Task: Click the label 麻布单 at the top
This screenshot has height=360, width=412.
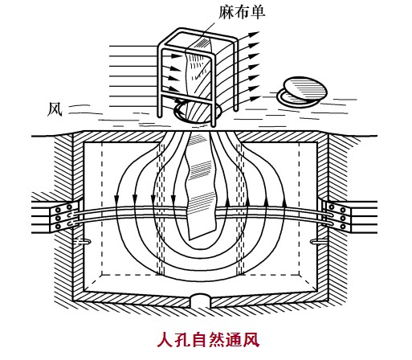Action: (242, 12)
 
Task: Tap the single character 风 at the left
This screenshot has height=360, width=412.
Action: (55, 108)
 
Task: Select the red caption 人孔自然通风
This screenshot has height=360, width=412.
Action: (208, 340)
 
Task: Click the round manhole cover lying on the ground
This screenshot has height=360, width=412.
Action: (302, 92)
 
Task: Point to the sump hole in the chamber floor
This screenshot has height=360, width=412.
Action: (201, 301)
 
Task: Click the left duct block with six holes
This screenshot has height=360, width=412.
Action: (64, 216)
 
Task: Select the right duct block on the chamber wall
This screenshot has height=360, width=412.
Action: (338, 216)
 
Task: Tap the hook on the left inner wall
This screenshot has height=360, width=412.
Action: (84, 242)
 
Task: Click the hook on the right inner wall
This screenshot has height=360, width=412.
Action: (318, 242)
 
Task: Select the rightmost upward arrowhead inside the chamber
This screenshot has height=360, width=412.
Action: (284, 202)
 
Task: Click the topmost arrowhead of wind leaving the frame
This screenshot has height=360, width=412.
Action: (255, 34)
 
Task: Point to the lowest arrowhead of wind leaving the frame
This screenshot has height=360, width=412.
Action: (255, 98)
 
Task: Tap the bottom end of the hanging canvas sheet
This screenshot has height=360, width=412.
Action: (202, 235)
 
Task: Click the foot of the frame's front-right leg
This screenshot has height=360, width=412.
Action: (213, 125)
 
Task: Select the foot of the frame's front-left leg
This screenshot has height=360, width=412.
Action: (160, 115)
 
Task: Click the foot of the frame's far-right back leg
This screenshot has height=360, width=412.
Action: (235, 108)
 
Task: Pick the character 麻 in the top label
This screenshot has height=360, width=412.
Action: (226, 12)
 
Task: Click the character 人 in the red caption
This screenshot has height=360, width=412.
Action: (165, 340)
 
